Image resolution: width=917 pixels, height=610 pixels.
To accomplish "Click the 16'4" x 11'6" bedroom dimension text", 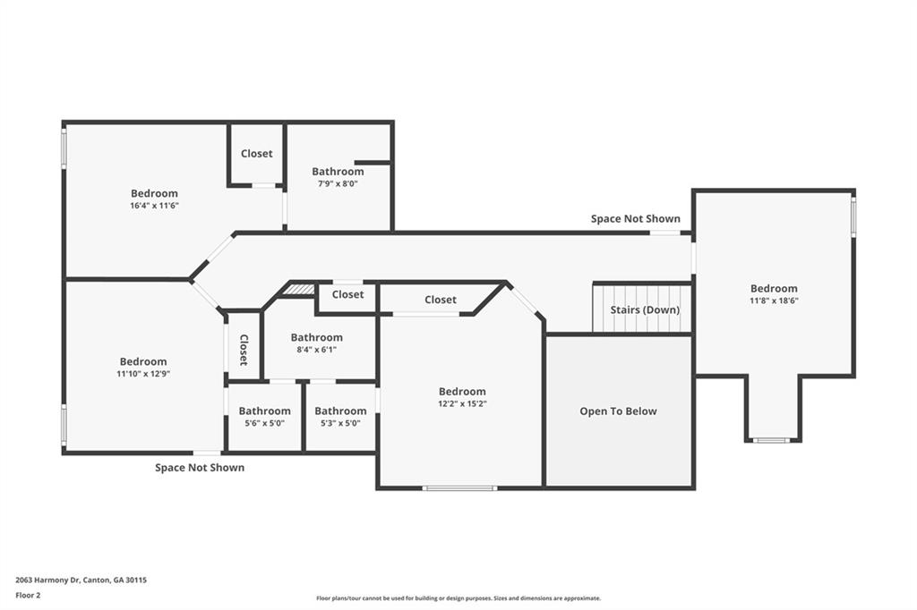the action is [x=154, y=206].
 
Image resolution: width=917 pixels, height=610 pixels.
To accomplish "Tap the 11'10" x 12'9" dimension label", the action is [x=143, y=374].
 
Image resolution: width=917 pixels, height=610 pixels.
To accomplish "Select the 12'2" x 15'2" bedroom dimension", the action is [x=462, y=403].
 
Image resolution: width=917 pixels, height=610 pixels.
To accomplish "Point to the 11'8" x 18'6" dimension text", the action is [x=774, y=301].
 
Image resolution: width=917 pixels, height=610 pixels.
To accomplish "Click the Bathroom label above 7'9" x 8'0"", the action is [x=338, y=171].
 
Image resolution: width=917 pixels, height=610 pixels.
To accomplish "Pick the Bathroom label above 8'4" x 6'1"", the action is [x=316, y=337].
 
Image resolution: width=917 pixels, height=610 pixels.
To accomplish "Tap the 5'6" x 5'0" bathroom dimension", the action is [x=264, y=423].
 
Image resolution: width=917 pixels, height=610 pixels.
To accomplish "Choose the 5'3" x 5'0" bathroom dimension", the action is [x=340, y=423].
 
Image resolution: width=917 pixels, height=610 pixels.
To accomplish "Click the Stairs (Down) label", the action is [x=645, y=309].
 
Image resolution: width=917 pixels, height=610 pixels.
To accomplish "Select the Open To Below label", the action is [x=618, y=411].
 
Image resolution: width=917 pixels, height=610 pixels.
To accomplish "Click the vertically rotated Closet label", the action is [x=244, y=350].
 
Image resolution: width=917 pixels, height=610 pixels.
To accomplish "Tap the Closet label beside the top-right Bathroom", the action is [x=257, y=153].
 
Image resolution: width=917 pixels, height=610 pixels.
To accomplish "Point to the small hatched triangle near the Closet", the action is [x=302, y=289].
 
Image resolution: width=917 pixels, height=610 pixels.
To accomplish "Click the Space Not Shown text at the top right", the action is [x=636, y=218].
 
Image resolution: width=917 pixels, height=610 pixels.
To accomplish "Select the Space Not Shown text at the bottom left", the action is [x=200, y=468].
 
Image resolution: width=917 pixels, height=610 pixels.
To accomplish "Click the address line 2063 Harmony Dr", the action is [x=81, y=580].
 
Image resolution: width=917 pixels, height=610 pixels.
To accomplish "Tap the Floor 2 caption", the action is [x=28, y=596].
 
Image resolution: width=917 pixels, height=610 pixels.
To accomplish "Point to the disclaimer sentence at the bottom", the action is [x=458, y=598].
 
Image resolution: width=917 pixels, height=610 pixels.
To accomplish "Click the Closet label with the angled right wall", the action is [x=441, y=299].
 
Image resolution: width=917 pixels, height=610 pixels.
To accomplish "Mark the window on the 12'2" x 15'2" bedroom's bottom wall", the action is [x=459, y=487].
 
